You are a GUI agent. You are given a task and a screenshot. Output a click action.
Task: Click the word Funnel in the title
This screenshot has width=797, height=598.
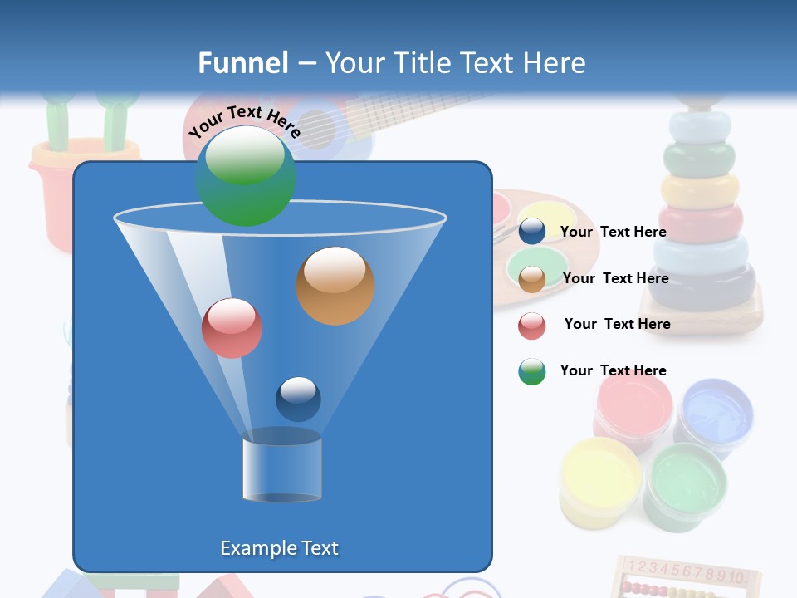tap(243, 63)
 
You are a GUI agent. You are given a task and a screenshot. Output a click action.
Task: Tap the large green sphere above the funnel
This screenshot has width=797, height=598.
tap(245, 176)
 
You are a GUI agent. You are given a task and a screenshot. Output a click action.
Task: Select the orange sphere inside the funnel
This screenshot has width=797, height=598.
tap(335, 286)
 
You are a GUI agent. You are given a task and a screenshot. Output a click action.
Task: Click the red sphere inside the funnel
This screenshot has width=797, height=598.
tap(232, 328)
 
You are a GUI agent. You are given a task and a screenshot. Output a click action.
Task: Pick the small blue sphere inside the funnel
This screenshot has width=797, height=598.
tap(298, 399)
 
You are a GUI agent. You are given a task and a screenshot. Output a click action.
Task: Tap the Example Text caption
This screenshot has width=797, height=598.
tap(279, 548)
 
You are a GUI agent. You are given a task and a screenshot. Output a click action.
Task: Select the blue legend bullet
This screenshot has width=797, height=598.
tap(532, 232)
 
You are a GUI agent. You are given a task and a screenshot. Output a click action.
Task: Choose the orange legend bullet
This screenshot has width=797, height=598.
tap(532, 279)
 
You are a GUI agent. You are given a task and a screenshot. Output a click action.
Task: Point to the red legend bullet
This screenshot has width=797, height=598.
tap(532, 326)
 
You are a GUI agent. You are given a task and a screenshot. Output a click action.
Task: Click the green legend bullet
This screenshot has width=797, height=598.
tap(532, 371)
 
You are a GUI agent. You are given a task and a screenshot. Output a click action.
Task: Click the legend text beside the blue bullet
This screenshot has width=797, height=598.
tap(613, 232)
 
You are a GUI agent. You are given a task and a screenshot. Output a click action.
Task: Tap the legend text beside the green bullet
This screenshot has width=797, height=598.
tap(613, 370)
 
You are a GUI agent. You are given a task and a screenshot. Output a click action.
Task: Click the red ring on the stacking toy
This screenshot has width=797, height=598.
tap(700, 222)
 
